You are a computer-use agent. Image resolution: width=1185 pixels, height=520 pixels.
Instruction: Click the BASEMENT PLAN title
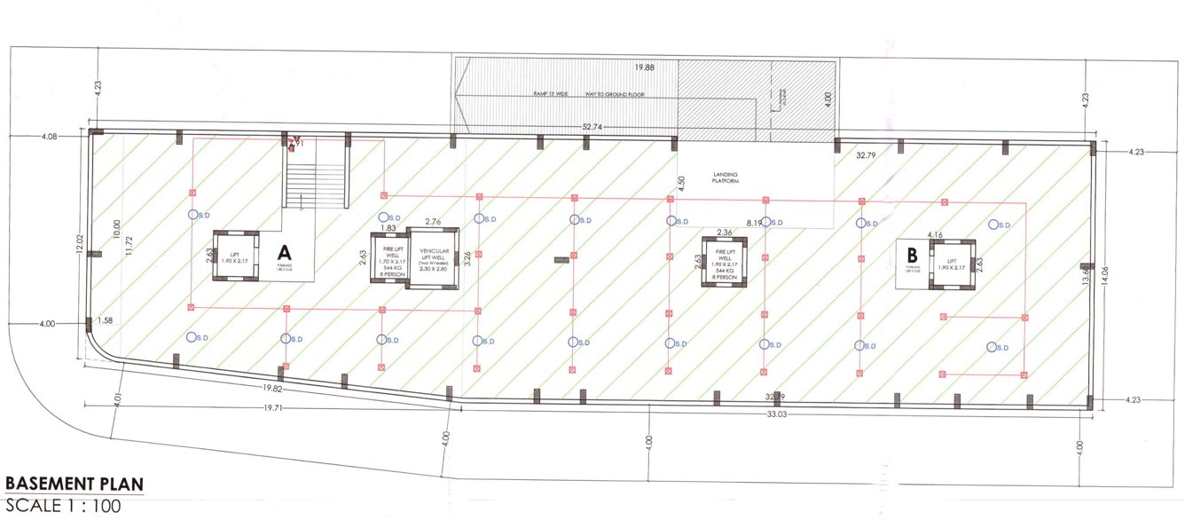(74, 485)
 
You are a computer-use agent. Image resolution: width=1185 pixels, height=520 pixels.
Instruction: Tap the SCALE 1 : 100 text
(63, 507)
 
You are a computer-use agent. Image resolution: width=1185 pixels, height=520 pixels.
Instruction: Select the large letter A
(286, 251)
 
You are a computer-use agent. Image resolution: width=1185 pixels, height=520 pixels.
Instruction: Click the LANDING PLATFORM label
(725, 177)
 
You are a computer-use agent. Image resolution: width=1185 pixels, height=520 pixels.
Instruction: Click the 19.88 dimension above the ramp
(645, 67)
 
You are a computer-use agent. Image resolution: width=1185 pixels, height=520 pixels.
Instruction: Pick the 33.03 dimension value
(777, 414)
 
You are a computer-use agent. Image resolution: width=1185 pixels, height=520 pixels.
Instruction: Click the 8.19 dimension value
(756, 221)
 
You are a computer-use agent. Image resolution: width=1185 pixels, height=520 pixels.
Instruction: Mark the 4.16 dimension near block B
(934, 234)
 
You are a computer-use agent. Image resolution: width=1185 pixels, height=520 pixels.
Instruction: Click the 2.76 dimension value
(433, 220)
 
